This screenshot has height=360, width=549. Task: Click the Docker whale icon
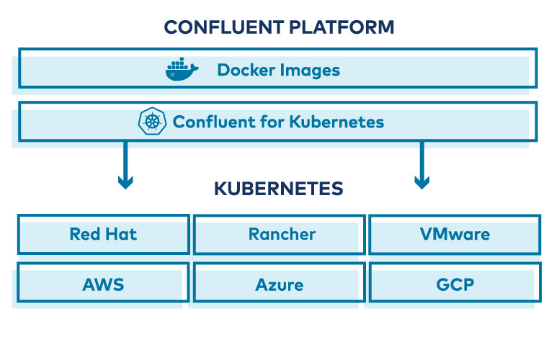(182, 70)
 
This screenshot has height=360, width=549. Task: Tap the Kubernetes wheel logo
(152, 122)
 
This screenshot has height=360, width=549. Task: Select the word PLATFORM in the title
(342, 28)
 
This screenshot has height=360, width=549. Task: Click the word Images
(311, 70)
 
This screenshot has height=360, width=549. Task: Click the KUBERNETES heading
(278, 189)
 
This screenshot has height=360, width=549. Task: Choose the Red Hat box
(103, 234)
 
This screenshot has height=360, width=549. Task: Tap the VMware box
(454, 234)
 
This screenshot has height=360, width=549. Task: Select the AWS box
(103, 284)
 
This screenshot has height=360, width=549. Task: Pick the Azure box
(280, 284)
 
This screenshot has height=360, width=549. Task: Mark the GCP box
(454, 284)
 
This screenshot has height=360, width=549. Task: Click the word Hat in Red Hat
(121, 234)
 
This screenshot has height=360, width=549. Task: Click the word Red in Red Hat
(84, 234)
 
